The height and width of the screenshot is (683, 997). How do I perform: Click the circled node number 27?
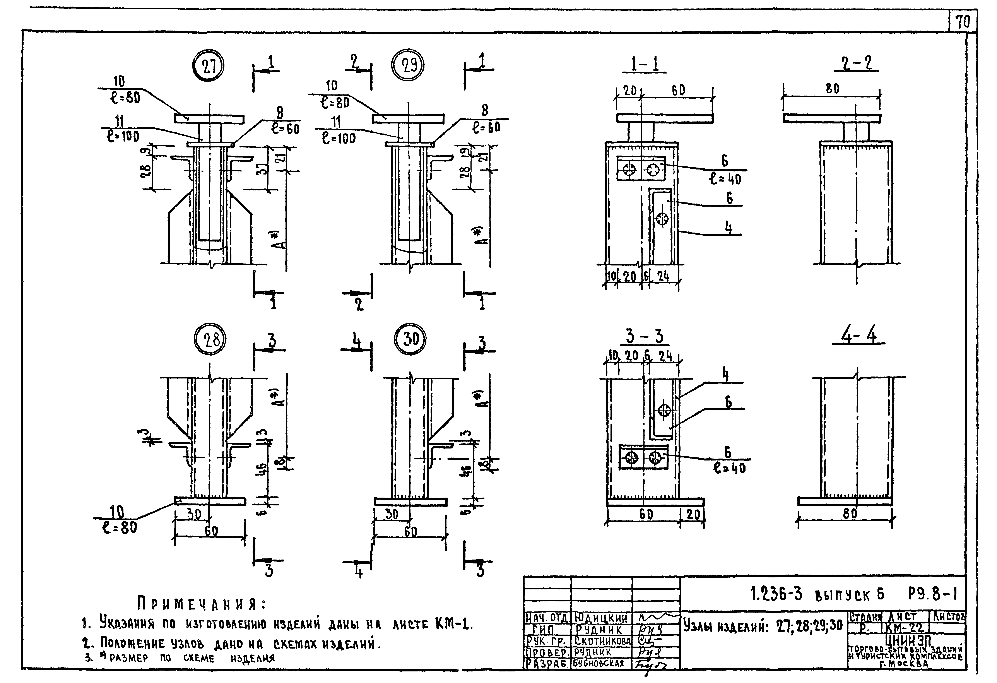208,67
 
